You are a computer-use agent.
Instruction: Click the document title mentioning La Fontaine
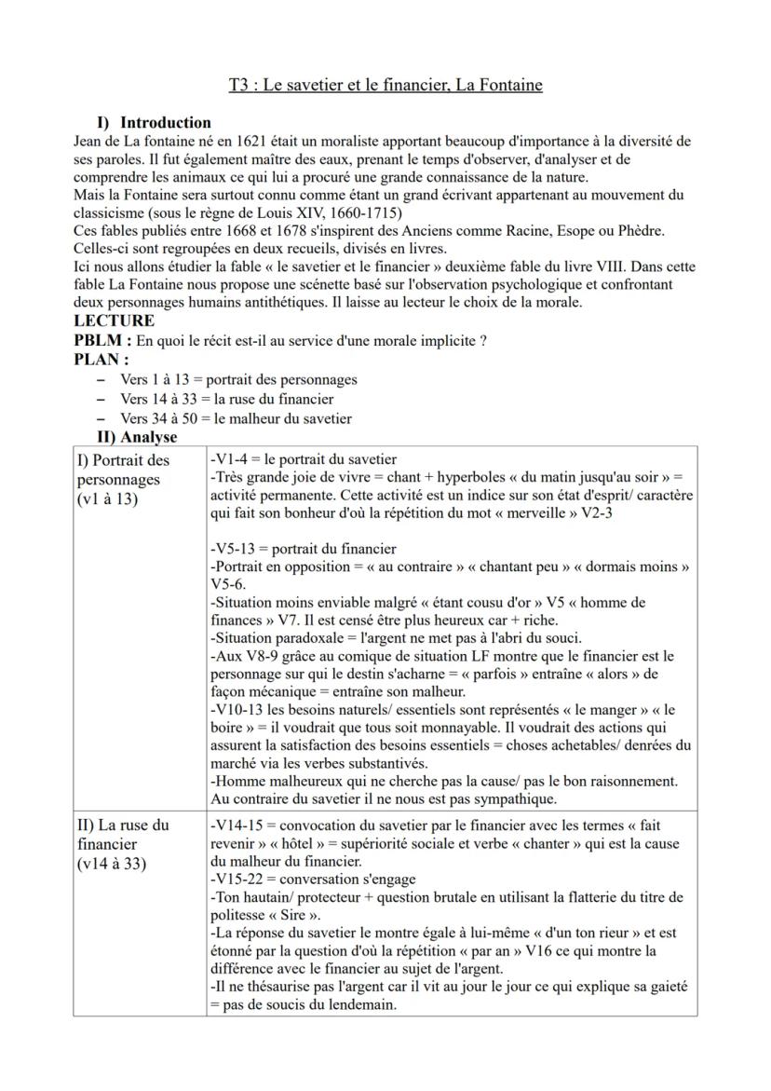pyautogui.click(x=385, y=86)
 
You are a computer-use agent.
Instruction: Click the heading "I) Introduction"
pyautogui.click(x=155, y=123)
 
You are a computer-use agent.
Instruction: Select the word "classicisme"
pyautogui.click(x=112, y=212)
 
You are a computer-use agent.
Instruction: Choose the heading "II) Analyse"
pyautogui.click(x=137, y=436)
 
